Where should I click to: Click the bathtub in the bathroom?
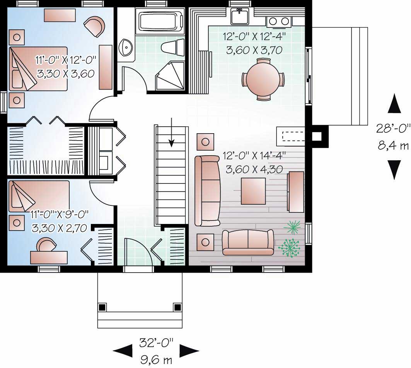pos(160,20)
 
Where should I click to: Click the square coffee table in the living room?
pos(253,191)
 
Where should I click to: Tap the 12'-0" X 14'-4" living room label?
pos(254,156)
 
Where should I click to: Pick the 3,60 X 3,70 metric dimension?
pos(252,49)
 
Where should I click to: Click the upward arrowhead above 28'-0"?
pos(394,104)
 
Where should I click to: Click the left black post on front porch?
pos(102,307)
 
